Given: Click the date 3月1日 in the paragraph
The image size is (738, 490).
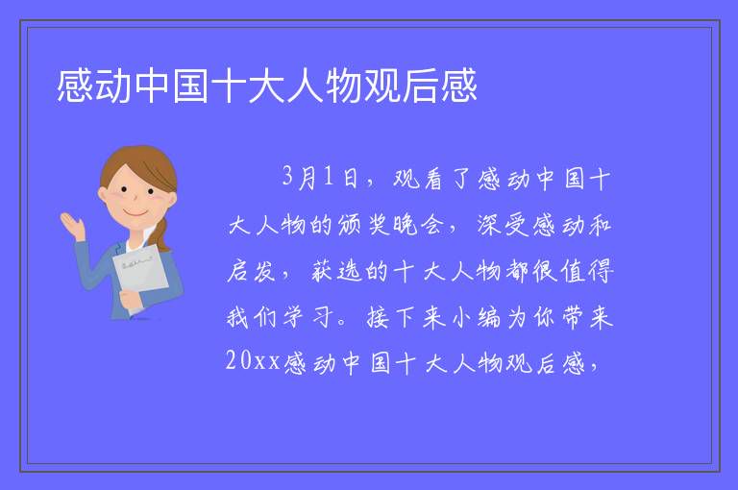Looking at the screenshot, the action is coord(320,178).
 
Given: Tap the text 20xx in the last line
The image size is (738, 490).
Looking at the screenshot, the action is coord(253,361).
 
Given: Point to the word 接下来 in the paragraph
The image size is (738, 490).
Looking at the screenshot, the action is coord(406,317).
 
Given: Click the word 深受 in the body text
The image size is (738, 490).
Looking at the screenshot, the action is coord(503,225).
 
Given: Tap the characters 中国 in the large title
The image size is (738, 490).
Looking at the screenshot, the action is coord(172,86).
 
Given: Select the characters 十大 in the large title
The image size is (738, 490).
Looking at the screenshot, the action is coord(248,86).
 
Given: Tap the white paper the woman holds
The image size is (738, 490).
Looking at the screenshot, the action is coord(140,272).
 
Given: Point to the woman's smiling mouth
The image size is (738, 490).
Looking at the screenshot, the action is coord(135,213).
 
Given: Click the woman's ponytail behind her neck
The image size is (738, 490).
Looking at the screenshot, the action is coord(161,234).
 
